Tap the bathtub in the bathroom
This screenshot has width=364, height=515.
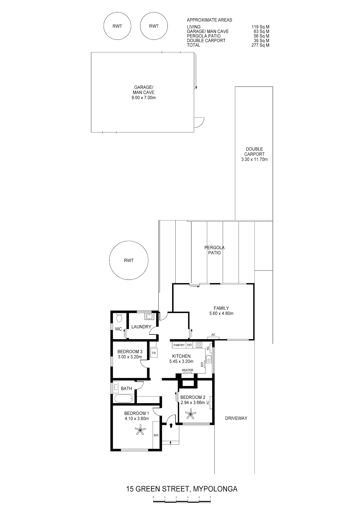124,399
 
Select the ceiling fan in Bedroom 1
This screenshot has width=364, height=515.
140,430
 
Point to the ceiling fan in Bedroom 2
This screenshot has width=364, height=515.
190,415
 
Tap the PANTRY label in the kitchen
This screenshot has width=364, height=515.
179,345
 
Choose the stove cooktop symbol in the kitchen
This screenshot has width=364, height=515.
199,345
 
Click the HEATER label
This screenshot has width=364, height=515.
187,370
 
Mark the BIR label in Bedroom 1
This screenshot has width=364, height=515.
156,435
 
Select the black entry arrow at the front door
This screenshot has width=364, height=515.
171,425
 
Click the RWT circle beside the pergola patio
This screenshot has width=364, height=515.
129,260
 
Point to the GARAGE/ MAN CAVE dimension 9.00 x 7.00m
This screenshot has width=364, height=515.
143,97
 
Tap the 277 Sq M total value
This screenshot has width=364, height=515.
260,45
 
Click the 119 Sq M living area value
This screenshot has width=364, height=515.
260,27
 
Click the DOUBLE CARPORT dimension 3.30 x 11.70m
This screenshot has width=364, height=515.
254,159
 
